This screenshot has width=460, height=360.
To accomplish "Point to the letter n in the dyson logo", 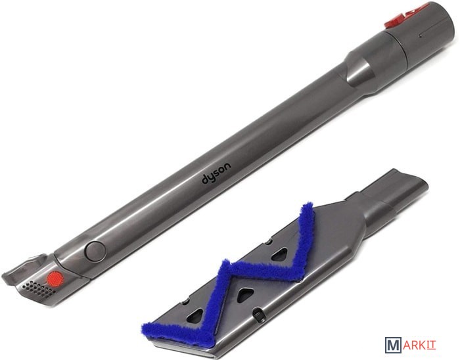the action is pyautogui.click(x=227, y=166).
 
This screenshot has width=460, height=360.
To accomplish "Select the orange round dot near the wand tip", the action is pyautogui.click(x=55, y=277).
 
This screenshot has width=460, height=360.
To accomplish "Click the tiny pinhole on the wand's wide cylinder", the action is pyautogui.click(x=421, y=37).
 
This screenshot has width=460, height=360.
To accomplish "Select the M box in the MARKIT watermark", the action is pyautogui.click(x=393, y=345).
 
